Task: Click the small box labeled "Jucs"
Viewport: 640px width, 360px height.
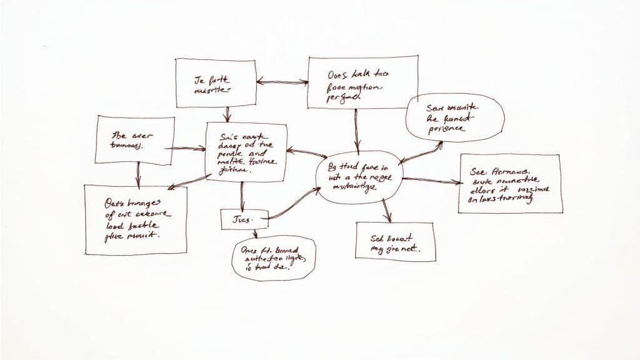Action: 244,219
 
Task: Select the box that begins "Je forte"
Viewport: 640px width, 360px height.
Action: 216,83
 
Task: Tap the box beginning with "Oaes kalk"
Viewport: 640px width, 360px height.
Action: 354,82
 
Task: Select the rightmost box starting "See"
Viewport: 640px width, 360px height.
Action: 509,183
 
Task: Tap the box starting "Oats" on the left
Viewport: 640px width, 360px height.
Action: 135,219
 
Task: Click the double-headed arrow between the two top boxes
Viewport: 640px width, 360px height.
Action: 282,81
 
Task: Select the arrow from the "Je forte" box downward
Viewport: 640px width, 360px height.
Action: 227,114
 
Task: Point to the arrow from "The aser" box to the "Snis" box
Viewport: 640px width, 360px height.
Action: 188,149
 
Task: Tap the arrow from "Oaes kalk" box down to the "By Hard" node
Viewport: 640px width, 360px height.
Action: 356,131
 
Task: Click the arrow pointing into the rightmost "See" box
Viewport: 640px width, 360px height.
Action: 431,181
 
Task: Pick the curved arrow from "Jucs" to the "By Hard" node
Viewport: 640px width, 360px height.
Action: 294,203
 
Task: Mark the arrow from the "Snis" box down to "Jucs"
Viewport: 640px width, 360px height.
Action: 241,196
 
